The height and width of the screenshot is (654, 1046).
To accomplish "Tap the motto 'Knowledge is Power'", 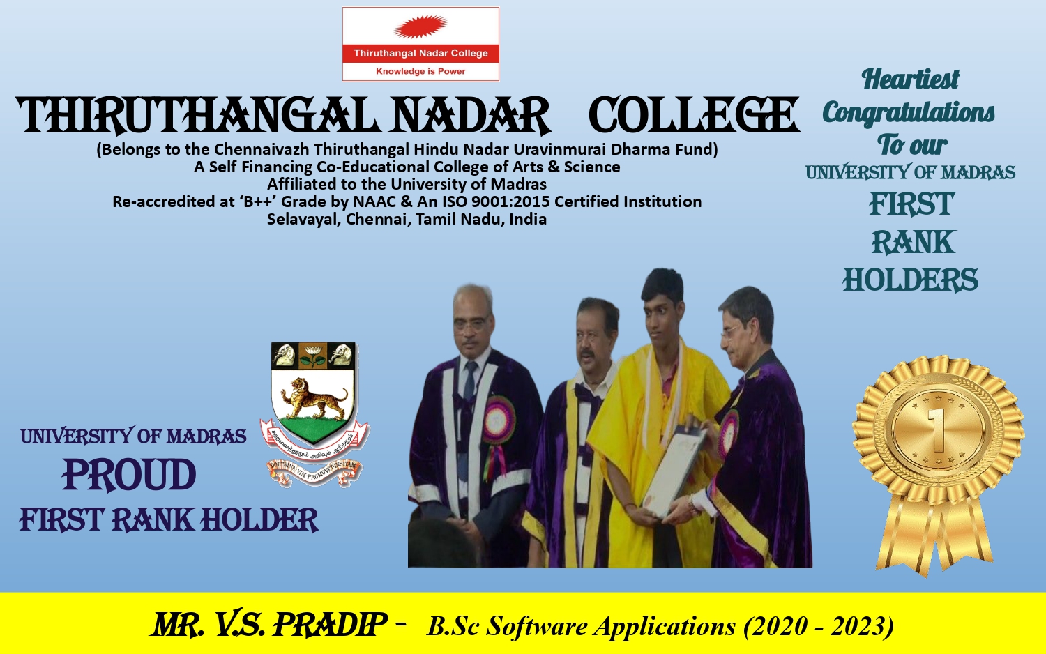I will [x=420, y=71].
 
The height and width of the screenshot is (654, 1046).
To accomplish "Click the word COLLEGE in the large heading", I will [x=693, y=115].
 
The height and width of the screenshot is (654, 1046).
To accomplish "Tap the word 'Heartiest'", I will [x=910, y=79].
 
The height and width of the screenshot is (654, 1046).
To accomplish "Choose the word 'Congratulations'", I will [x=909, y=112].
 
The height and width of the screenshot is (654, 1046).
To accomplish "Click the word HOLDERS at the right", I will [x=910, y=280].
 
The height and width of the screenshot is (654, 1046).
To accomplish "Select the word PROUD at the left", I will [x=129, y=476].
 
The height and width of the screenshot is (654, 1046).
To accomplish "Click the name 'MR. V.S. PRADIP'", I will [x=269, y=625].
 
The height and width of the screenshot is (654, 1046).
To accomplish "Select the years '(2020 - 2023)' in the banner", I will [x=819, y=626].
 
